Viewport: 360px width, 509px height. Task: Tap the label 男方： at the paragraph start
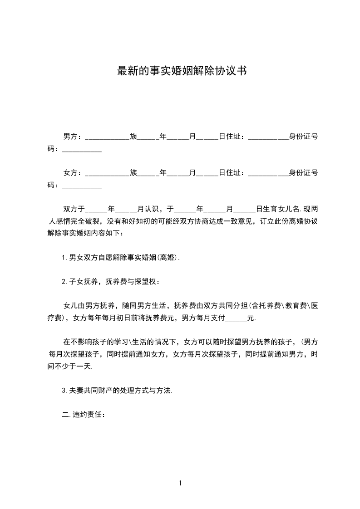tap(72, 136)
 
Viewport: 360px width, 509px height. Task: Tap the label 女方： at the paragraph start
tap(72, 173)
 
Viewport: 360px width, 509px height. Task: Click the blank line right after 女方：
tap(107, 174)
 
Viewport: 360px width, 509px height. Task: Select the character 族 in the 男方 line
tap(133, 136)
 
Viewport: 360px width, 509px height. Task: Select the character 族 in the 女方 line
tap(133, 173)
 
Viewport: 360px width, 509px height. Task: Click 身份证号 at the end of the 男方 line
tap(303, 136)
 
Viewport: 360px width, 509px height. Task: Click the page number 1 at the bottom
tap(180, 483)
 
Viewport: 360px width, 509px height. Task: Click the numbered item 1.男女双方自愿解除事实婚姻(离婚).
tap(121, 258)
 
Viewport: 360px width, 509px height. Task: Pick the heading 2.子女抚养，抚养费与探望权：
tap(111, 282)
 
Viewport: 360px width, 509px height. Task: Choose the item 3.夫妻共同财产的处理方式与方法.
tap(117, 391)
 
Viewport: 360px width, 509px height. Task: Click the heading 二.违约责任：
tap(84, 415)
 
